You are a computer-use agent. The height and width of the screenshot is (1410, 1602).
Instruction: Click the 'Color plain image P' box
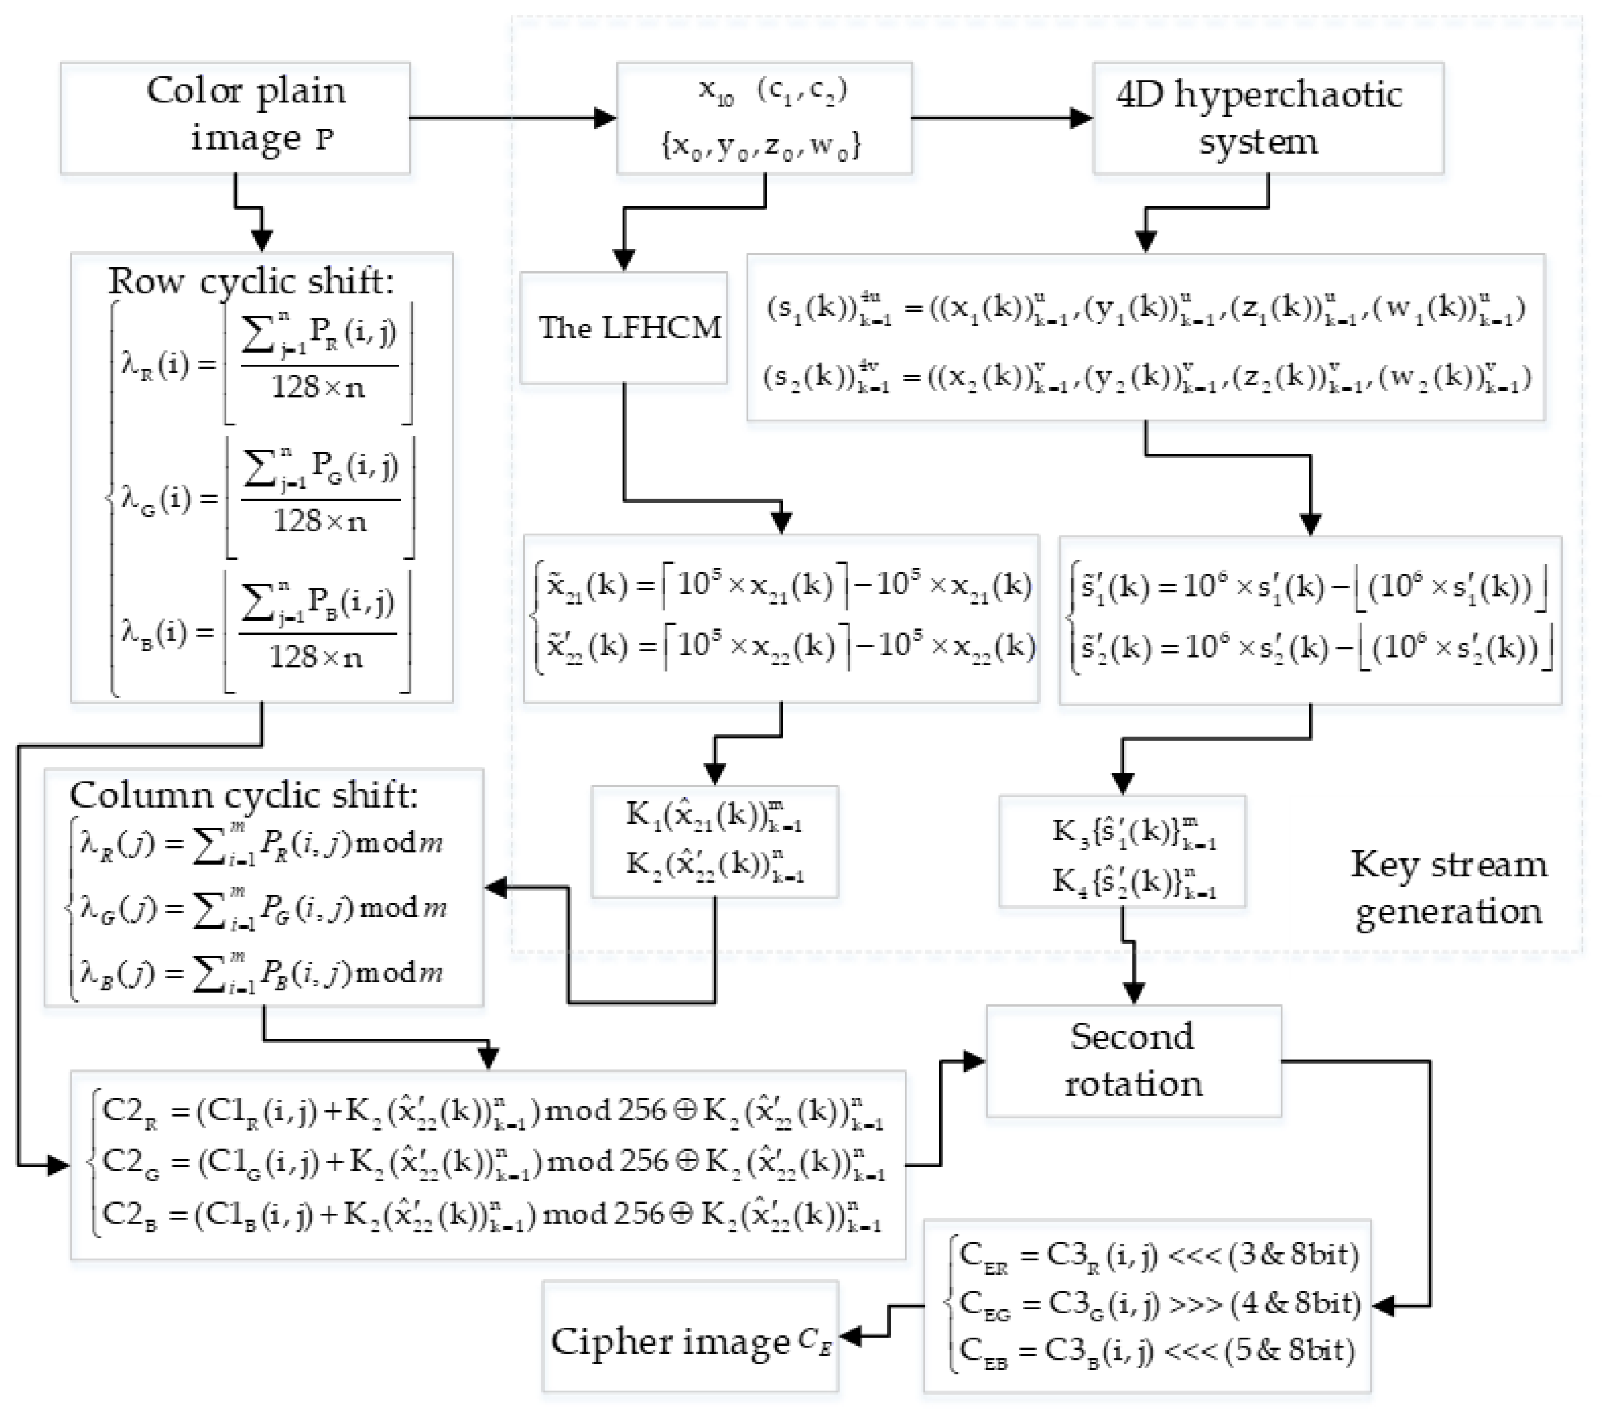click(235, 118)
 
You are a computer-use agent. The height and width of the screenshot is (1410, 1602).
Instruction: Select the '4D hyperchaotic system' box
click(1268, 118)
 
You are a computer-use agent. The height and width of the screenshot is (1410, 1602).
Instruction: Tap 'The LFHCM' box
click(624, 328)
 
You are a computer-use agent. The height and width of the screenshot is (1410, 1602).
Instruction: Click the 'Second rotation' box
click(1133, 1060)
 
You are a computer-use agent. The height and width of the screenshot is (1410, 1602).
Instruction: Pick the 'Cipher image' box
click(690, 1341)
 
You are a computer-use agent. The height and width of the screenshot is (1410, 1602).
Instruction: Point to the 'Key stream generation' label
click(1448, 888)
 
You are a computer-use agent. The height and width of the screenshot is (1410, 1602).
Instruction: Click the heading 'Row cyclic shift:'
click(251, 280)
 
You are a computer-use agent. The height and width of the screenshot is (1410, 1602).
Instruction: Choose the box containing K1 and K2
click(714, 841)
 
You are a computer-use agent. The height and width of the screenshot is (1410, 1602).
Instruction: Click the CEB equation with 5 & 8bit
click(1156, 1352)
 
